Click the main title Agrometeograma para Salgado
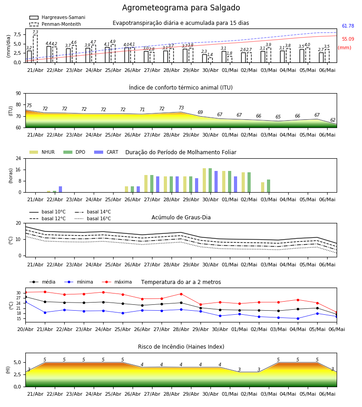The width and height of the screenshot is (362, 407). pyautogui.click(x=181, y=8)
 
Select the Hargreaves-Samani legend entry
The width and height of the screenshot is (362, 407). pyautogui.click(x=57, y=17)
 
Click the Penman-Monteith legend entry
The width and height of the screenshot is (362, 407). pyautogui.click(x=55, y=24)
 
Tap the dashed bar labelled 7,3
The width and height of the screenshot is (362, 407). pyautogui.click(x=35, y=48)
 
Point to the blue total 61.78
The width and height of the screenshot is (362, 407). pyautogui.click(x=348, y=26)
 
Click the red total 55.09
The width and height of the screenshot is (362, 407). pyautogui.click(x=348, y=39)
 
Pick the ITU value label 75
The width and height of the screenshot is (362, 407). pyautogui.click(x=29, y=105)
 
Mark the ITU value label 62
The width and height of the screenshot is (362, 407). pyautogui.click(x=333, y=120)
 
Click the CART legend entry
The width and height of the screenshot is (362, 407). pyautogui.click(x=106, y=152)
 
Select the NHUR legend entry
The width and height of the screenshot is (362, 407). pyautogui.click(x=42, y=152)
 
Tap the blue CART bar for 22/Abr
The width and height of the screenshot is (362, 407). pyautogui.click(x=61, y=189)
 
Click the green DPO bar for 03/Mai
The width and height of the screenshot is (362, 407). pyautogui.click(x=268, y=186)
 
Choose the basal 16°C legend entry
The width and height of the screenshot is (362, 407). pyautogui.click(x=93, y=218)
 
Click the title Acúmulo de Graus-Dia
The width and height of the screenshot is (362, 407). pyautogui.click(x=181, y=218)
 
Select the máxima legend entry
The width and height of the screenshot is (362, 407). pyautogui.click(x=117, y=282)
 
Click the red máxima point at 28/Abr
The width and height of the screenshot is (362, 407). pyautogui.click(x=181, y=294)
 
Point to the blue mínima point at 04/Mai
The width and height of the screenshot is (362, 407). pyautogui.click(x=298, y=318)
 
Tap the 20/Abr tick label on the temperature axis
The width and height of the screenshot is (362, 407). pyautogui.click(x=25, y=329)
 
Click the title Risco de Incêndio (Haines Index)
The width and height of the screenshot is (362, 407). pyautogui.click(x=181, y=347)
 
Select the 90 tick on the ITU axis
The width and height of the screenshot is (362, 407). pyautogui.click(x=19, y=94)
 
